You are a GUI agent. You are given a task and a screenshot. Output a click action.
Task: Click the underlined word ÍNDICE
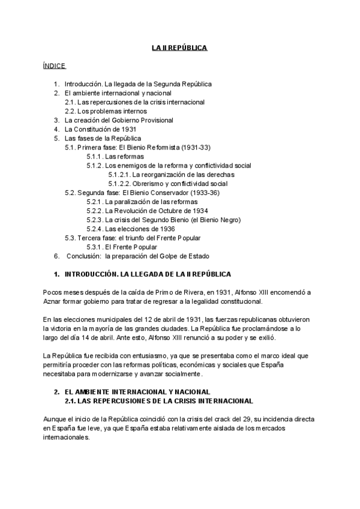click(x=55, y=65)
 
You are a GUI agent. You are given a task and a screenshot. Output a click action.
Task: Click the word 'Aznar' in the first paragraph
click(x=37, y=301)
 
